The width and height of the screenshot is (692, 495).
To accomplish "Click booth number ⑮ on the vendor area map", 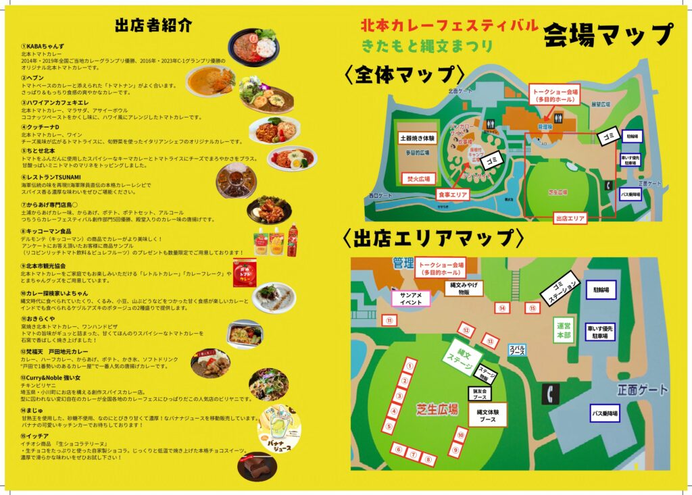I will pos(533,309).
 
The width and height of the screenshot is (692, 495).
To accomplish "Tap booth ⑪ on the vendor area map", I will pos(389,321).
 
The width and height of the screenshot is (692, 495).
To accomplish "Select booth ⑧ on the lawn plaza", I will pos(429,459).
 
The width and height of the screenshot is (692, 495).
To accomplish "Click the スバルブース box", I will pos(517,350).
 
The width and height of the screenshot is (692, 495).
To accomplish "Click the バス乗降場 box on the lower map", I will pos(605,413).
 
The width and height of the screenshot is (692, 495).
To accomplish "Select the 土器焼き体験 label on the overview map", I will pos(418,138).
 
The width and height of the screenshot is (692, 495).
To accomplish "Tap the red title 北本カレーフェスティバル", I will pos(449,26).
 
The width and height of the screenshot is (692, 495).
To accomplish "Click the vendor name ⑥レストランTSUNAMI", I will pos(51,177).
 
